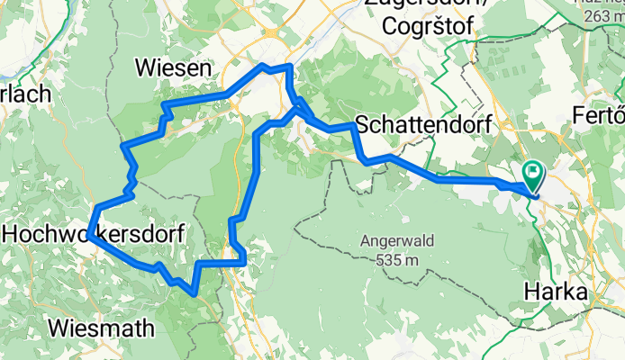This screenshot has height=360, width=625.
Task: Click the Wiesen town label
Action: click(x=172, y=67)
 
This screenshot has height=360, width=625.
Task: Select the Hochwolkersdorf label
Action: click(x=95, y=234)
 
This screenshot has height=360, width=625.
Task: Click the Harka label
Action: click(x=556, y=292)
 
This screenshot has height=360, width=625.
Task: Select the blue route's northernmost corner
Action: click(x=288, y=67)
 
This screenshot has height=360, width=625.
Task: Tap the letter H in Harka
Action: click(x=530, y=292)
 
